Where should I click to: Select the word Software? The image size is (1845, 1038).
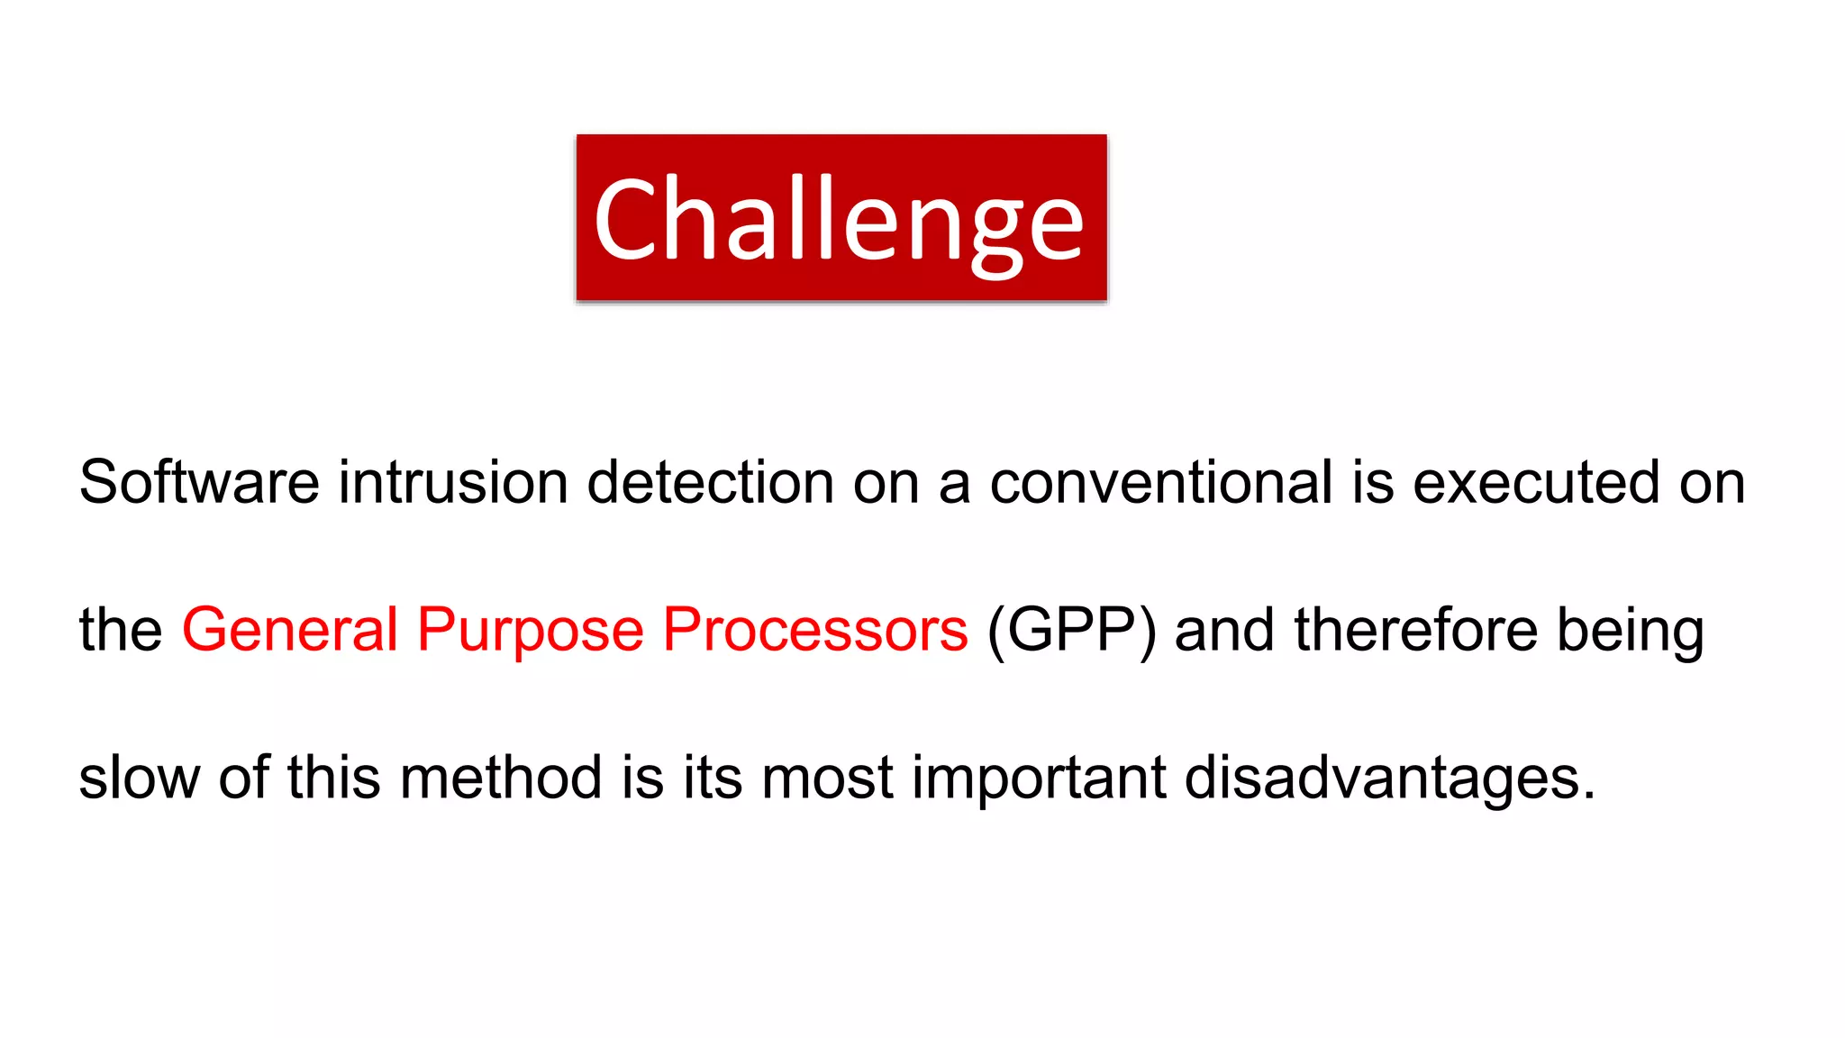[x=199, y=481]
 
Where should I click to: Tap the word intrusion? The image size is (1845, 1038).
[x=452, y=481]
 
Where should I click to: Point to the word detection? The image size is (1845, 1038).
[x=710, y=481]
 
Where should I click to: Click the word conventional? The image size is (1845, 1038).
[x=1160, y=481]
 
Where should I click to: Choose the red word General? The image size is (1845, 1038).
[x=289, y=629]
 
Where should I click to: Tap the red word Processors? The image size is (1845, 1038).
[x=815, y=629]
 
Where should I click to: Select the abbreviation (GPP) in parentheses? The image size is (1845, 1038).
[x=1071, y=629]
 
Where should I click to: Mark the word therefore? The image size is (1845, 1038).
[x=1415, y=629]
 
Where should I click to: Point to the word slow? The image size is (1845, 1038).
[x=140, y=777]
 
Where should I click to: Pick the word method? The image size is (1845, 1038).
[x=501, y=777]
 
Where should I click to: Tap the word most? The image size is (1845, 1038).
[x=828, y=778]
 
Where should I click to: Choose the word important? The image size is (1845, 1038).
[x=1039, y=778]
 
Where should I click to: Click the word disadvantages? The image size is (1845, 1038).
[x=1388, y=778]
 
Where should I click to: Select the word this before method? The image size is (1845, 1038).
[x=333, y=777]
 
